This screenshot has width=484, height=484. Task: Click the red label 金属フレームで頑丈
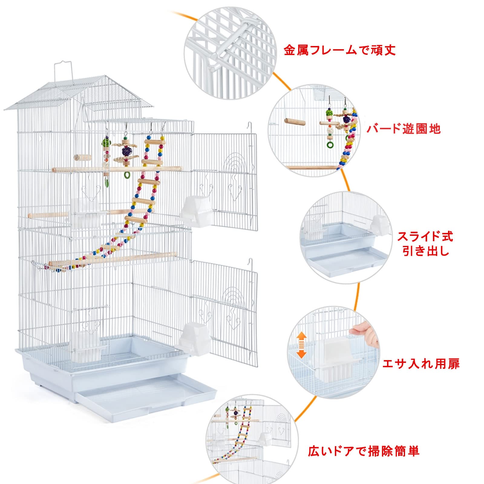(x=340, y=50)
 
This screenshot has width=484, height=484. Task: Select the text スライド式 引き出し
(x=425, y=244)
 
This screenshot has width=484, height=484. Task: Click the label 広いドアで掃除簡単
(x=363, y=452)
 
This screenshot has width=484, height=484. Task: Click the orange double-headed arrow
(x=301, y=344)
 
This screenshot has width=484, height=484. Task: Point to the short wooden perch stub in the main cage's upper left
(x=83, y=157)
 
